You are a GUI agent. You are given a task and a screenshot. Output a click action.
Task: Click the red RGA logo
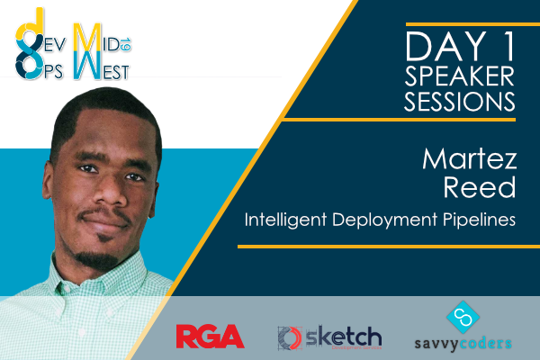pyautogui.click(x=209, y=337)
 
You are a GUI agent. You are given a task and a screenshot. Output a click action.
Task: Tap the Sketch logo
pyautogui.click(x=329, y=337)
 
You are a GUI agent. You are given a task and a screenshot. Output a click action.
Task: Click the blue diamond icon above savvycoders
pyautogui.click(x=464, y=314)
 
